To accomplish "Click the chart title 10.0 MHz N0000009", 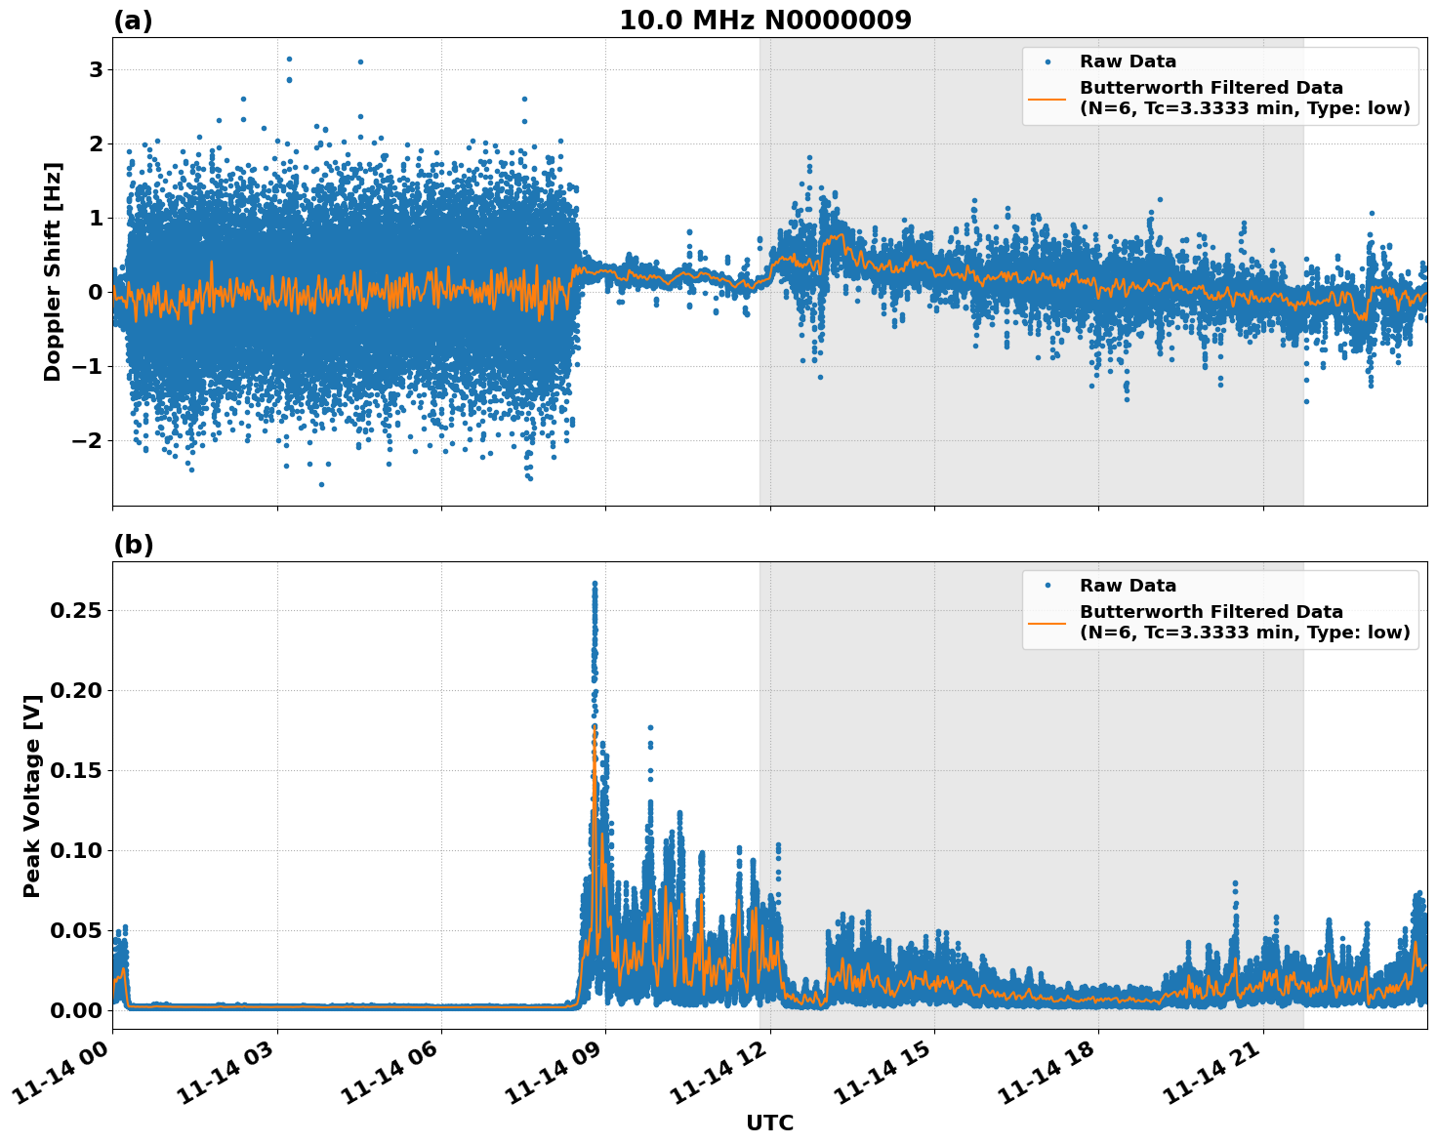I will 764,20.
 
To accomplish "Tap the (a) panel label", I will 133,20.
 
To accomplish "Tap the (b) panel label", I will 133,545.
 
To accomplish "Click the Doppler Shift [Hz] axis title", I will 53,271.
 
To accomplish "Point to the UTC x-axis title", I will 769,1123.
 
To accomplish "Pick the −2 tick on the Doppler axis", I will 88,440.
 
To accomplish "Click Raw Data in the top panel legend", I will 1128,61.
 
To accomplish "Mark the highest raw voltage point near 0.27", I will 595,584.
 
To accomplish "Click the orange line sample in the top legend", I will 1047,98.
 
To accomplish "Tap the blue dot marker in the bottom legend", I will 1047,586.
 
